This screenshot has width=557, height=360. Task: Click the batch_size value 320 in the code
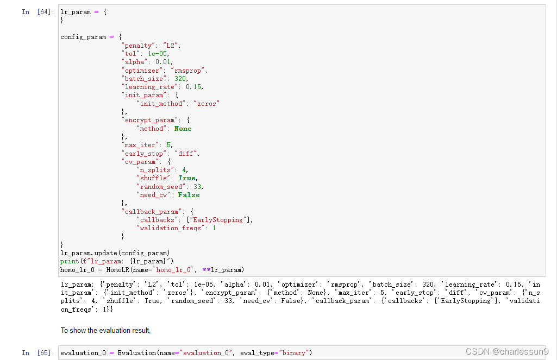pos(180,79)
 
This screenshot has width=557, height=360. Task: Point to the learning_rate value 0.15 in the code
pos(194,87)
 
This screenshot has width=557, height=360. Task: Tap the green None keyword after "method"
pos(183,129)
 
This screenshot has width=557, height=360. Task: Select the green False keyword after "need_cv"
pos(189,195)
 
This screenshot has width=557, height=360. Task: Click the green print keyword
pos(69,261)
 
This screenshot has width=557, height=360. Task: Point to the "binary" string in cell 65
pos(294,353)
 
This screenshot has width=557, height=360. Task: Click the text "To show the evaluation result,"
pos(105,330)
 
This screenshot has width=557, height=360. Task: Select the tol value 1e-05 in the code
pos(158,54)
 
